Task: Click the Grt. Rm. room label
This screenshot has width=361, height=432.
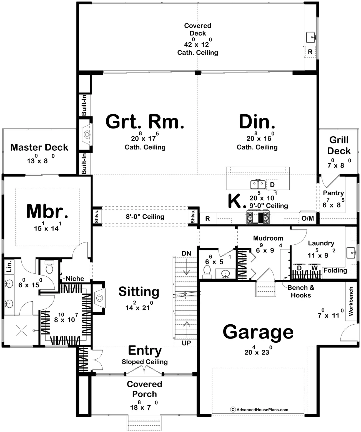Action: pos(145,122)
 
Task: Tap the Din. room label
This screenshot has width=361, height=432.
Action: pos(257,122)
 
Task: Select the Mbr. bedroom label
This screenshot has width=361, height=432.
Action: pos(47,211)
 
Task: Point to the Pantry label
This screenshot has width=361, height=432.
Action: pos(334,193)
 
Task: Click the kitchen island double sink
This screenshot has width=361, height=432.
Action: pos(258,184)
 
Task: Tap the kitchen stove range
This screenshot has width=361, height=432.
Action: pos(258,217)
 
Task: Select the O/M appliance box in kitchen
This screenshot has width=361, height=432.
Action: pos(308,218)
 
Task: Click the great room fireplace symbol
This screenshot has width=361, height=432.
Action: pos(87,135)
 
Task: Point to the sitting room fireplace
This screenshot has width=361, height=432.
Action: pos(100,298)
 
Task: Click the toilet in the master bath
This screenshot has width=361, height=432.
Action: pos(49,267)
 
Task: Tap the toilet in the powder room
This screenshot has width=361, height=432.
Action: pos(207,271)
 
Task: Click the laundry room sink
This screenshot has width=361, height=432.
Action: pos(351,252)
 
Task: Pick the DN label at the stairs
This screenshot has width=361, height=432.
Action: pos(186,253)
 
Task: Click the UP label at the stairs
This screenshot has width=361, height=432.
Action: pos(186,343)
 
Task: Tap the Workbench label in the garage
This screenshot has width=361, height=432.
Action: pos(351,301)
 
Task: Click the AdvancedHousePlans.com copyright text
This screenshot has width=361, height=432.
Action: pos(259,410)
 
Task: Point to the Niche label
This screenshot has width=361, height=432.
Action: pos(75,279)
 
